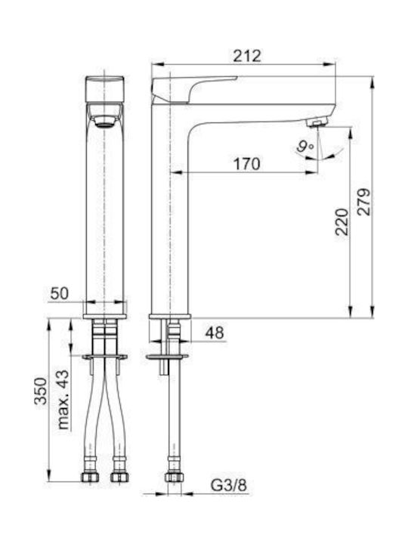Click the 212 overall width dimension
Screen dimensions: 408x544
click(x=246, y=55)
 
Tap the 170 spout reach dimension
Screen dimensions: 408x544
click(x=246, y=164)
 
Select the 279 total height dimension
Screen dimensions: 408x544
click(x=364, y=202)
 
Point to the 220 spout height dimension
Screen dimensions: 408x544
click(x=342, y=222)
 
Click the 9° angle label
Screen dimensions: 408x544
click(x=305, y=147)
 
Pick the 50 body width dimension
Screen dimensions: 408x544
click(x=60, y=293)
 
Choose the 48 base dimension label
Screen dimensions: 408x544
click(x=215, y=333)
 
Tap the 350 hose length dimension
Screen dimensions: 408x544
click(x=41, y=391)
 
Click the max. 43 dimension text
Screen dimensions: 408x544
click(x=63, y=400)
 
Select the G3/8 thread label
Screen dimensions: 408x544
click(x=229, y=485)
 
